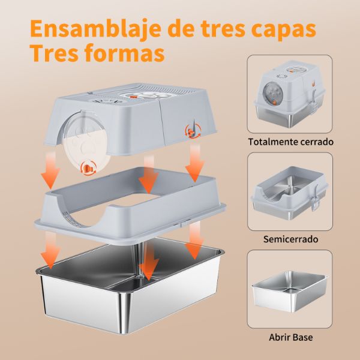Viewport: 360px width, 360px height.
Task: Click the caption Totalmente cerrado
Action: [290, 142]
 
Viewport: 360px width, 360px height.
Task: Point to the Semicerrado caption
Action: [290, 239]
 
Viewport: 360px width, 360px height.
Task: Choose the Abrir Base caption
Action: [290, 337]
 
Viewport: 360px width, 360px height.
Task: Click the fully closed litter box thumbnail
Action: [290, 94]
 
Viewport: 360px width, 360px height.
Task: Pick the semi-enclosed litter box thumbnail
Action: [290, 192]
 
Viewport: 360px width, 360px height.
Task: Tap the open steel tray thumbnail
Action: [290, 291]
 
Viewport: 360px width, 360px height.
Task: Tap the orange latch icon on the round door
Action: [88, 169]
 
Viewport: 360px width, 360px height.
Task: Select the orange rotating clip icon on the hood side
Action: [193, 131]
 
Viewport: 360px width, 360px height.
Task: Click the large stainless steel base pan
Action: [130, 287]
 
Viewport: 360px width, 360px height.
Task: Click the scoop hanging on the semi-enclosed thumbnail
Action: [315, 199]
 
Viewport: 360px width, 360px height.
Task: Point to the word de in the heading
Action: [181, 29]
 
